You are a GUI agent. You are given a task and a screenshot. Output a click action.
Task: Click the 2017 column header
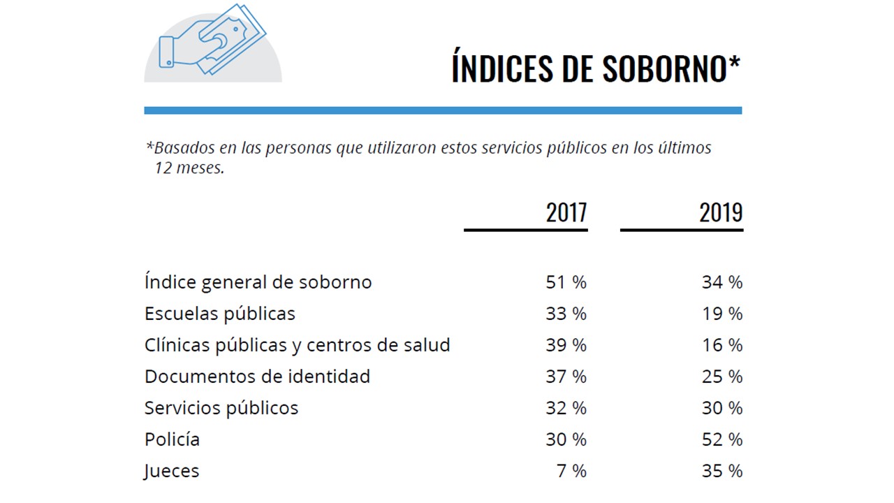566,212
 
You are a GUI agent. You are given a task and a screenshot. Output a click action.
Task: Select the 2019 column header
721,212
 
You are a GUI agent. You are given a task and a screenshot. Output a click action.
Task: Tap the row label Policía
172,439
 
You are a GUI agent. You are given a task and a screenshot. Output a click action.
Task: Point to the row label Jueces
172,471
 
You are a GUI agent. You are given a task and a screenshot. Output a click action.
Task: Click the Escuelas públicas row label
220,314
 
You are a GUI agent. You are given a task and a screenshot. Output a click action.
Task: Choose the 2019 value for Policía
722,439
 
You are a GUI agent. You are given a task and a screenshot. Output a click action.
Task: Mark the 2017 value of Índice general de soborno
566,282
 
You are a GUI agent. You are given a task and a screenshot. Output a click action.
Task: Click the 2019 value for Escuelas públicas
722,314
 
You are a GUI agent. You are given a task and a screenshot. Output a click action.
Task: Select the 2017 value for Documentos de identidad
566,377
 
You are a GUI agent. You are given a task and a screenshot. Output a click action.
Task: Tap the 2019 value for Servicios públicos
722,408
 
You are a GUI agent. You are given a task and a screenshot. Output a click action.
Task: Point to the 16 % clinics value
722,345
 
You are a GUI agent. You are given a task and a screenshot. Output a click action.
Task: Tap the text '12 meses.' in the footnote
190,169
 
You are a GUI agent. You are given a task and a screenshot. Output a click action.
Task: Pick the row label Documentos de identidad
257,377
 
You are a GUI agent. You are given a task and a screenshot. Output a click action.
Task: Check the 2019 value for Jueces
722,471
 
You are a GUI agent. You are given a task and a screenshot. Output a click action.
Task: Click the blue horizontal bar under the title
443,110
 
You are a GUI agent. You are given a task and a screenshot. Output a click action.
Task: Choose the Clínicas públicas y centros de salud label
297,345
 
